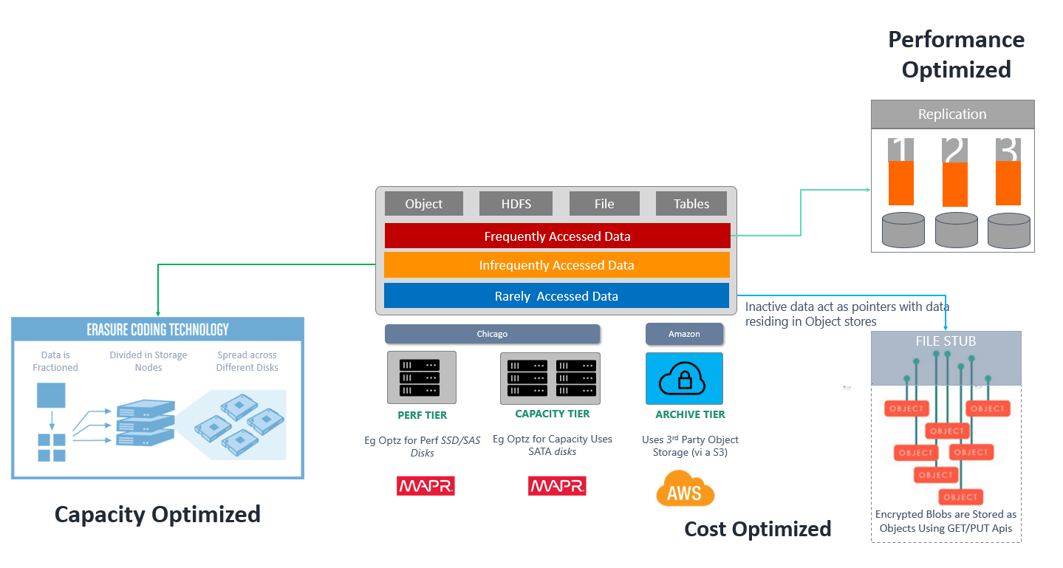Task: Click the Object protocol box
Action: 423,204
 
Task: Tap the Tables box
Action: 691,204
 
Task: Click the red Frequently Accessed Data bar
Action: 557,236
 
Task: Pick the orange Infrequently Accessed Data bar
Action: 556,265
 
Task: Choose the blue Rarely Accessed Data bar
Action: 556,296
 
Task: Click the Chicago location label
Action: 492,334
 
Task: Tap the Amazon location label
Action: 684,334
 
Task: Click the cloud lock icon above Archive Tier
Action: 684,378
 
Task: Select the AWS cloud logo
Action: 685,488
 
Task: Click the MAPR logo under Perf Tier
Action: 425,486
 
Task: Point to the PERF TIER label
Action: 422,415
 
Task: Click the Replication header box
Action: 952,114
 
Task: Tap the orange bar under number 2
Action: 955,184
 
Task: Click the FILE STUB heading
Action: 946,341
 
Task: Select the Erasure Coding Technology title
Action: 157,329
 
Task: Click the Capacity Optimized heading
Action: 157,514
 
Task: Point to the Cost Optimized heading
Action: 757,529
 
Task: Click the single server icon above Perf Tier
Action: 421,377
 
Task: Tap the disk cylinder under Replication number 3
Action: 1008,230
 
